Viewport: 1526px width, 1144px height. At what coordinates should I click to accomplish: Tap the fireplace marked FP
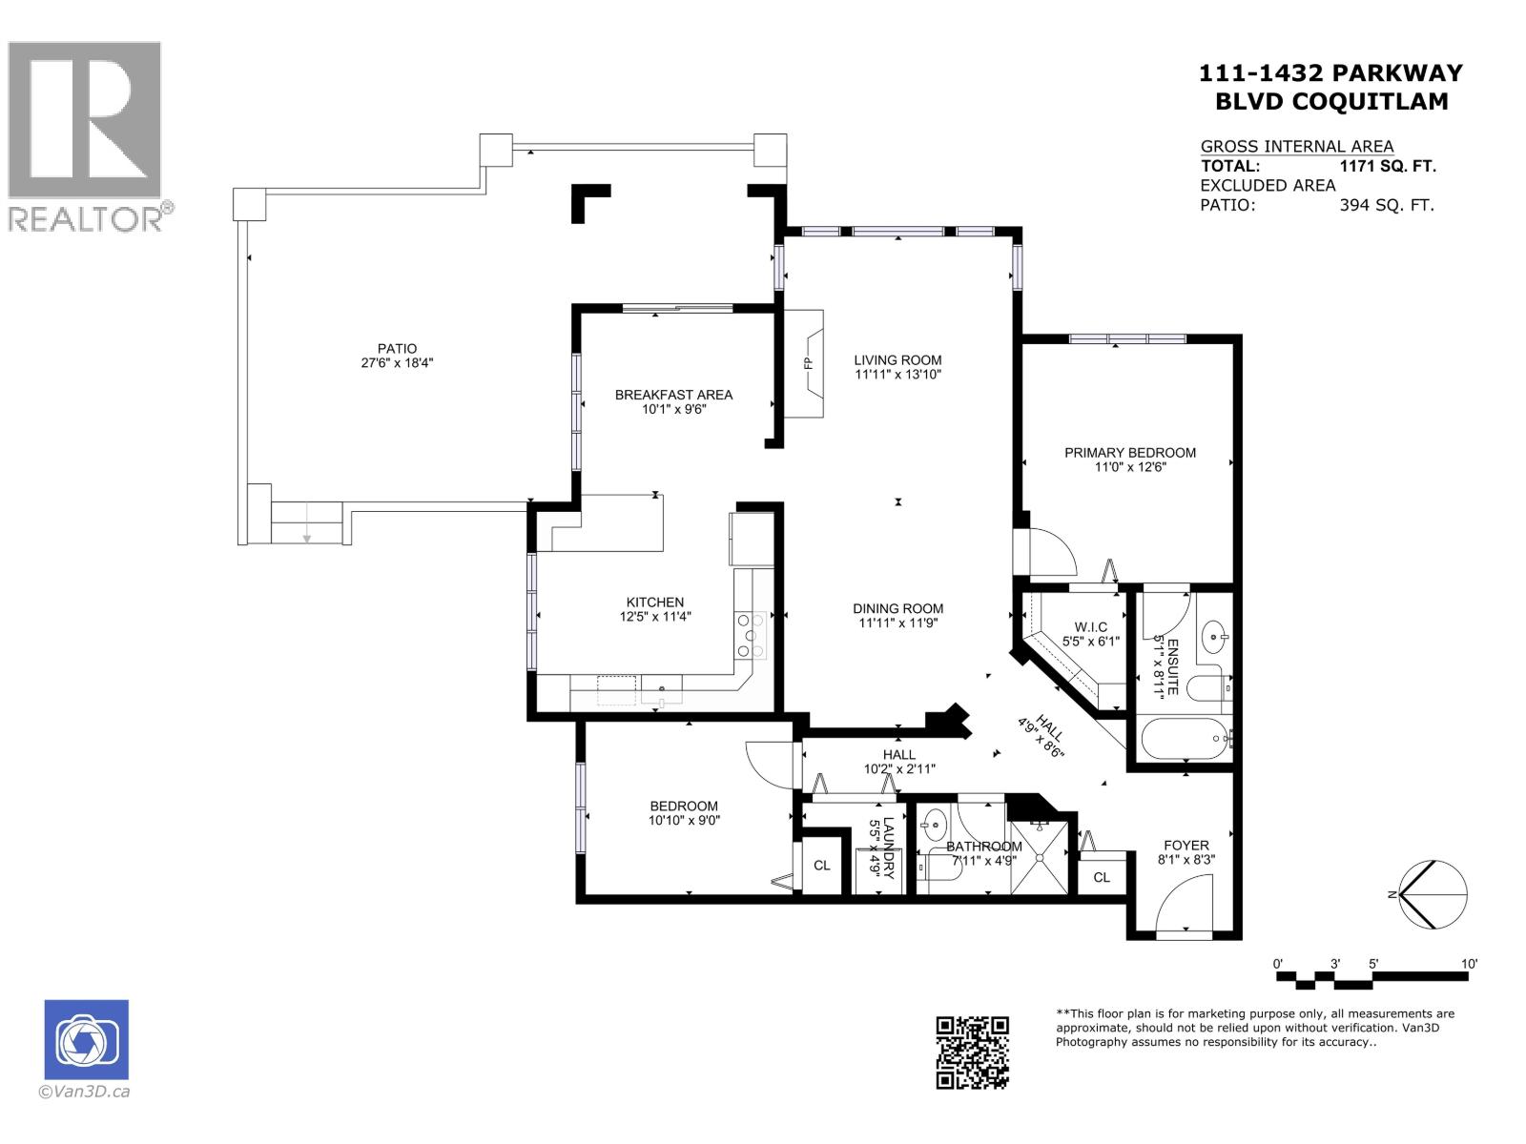click(x=806, y=363)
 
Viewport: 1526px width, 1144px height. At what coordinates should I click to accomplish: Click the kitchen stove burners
click(x=750, y=634)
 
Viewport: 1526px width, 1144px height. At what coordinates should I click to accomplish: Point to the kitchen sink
click(x=661, y=690)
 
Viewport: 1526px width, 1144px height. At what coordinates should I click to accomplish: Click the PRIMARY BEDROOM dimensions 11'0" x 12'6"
click(x=1130, y=467)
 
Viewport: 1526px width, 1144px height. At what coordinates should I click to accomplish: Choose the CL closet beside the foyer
click(x=1102, y=877)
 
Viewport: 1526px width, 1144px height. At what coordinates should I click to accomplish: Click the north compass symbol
click(x=1431, y=894)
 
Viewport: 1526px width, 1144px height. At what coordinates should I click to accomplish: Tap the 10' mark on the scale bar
click(x=1469, y=965)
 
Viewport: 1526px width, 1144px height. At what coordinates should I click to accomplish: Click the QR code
click(x=972, y=1052)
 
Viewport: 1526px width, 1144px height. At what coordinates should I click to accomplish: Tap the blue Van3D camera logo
click(x=86, y=1040)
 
